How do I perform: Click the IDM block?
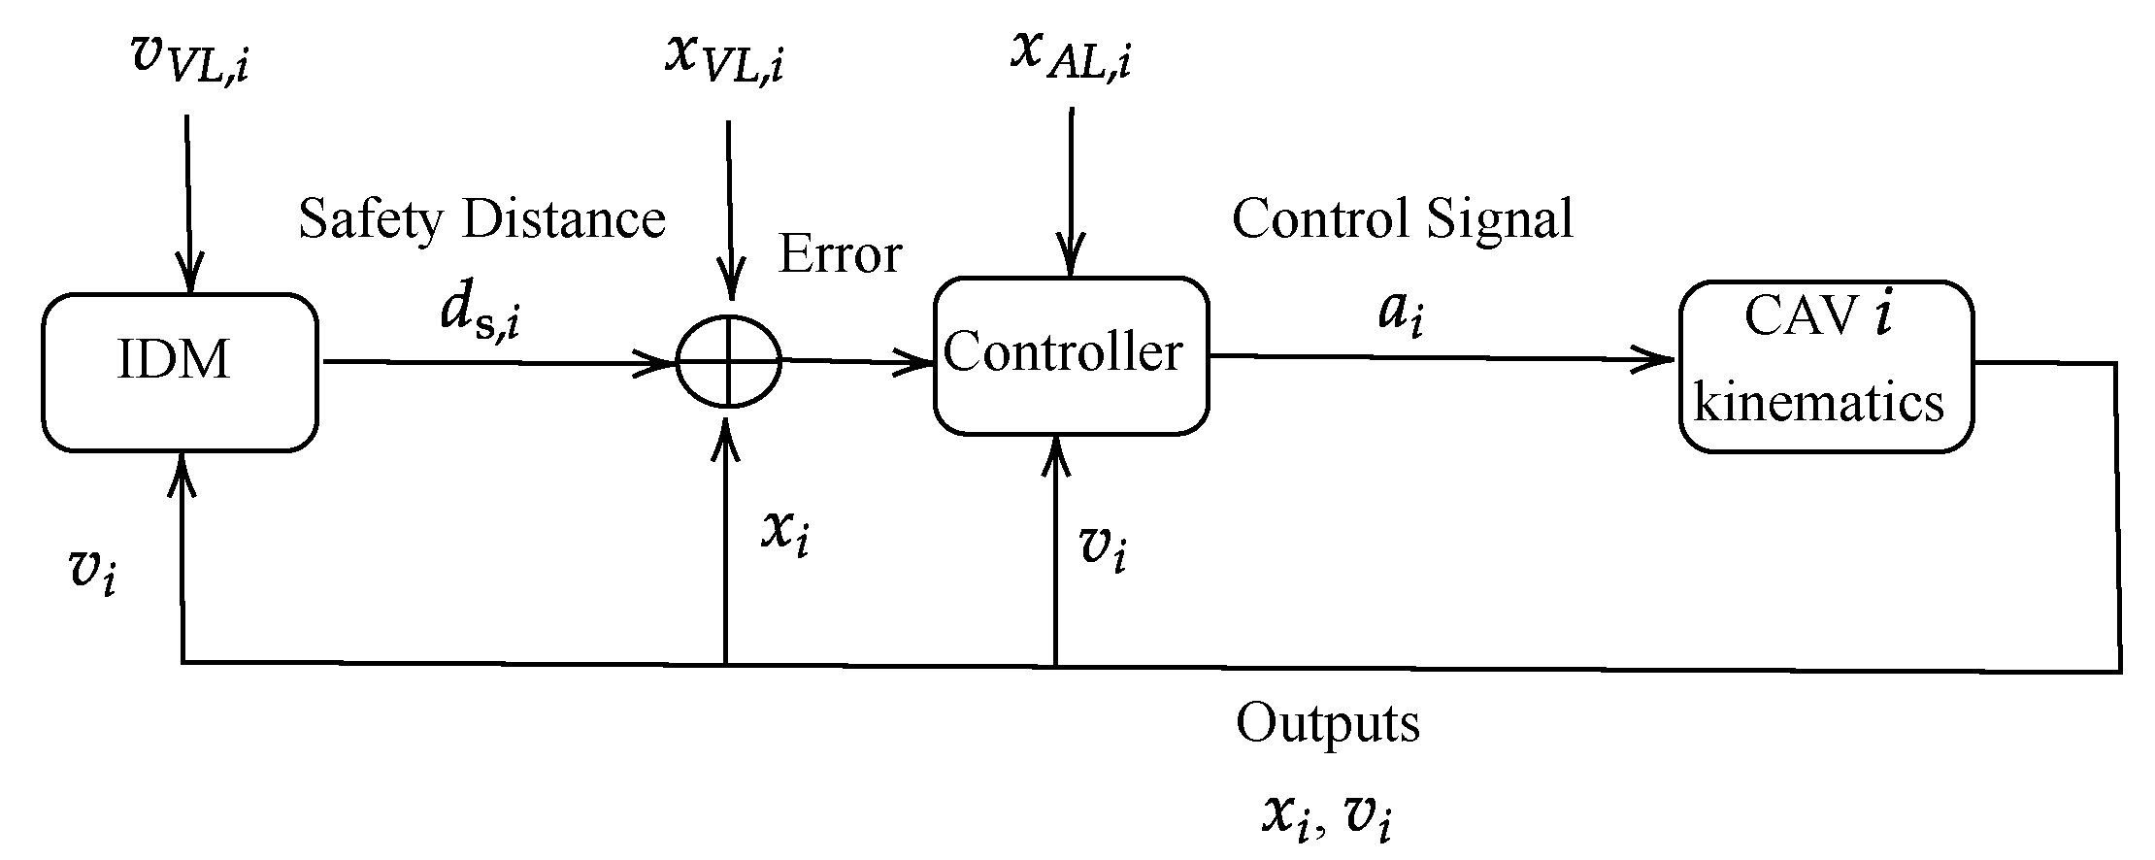coord(180,373)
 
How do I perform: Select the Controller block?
coord(1071,355)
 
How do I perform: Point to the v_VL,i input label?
coord(190,58)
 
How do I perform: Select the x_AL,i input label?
coord(1071,54)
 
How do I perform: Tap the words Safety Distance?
coord(481,218)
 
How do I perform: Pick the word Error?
coord(841,254)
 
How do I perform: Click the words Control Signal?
coord(1402,218)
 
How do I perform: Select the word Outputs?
coord(1327,724)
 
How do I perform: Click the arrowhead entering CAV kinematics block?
coord(1662,360)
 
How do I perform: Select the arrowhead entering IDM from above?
coord(188,278)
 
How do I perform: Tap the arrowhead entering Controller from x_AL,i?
coord(1071,262)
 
